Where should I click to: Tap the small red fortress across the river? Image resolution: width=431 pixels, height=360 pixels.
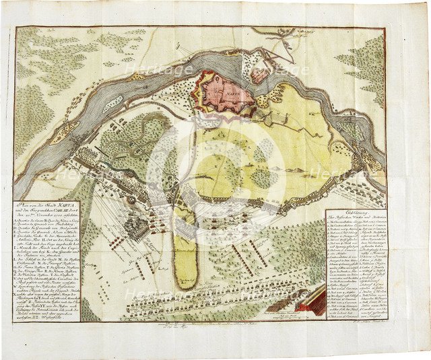coord(260,74)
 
